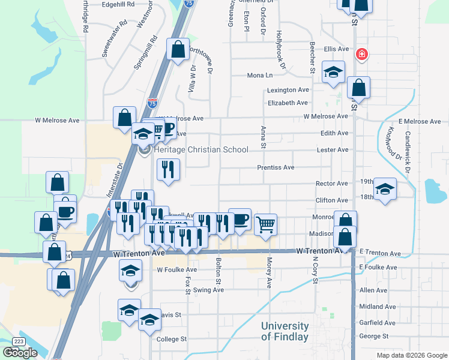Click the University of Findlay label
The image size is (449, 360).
285,331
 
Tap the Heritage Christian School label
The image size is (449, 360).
193,149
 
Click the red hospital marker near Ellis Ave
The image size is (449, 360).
361,55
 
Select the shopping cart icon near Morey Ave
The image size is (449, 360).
265,225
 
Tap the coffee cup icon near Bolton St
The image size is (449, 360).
240,220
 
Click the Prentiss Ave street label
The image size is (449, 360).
276,167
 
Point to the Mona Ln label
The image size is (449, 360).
260,76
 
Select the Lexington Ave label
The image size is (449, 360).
288,90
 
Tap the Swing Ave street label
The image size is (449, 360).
208,290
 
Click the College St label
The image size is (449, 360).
172,339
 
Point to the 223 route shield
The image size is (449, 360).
19,341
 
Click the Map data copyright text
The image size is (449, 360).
411,355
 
